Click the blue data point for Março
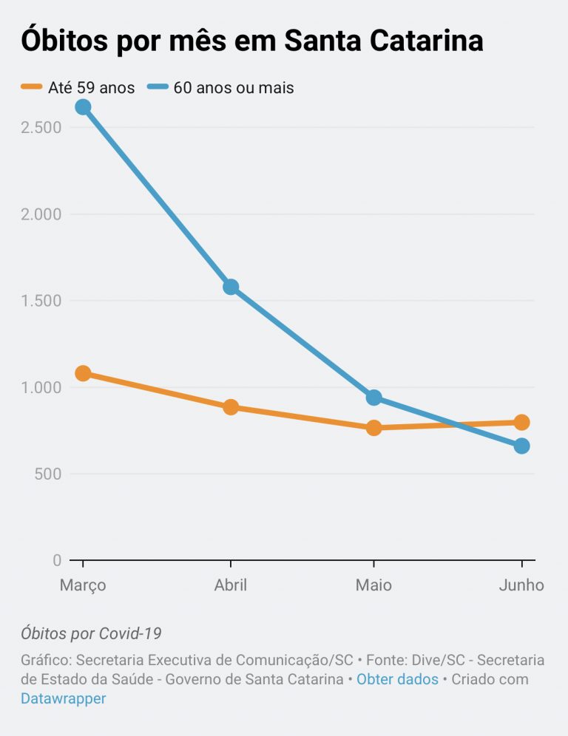pos(83,107)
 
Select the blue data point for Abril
pos(231,287)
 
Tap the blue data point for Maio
pos(373,398)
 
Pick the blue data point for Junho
pos(521,446)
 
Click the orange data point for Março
pos(83,373)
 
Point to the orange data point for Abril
pos(231,407)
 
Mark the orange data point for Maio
pos(373,427)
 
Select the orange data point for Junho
pos(521,423)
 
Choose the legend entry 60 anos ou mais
pos(233,88)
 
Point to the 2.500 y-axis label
pos(41,127)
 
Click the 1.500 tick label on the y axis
pos(41,301)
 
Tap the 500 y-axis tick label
pos(47,474)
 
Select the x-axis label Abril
pos(231,585)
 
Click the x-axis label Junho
pos(521,585)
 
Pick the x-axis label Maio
pos(373,585)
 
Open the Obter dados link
pos(397,679)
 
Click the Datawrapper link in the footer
pos(63,698)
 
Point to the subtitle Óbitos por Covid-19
pos(91,633)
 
